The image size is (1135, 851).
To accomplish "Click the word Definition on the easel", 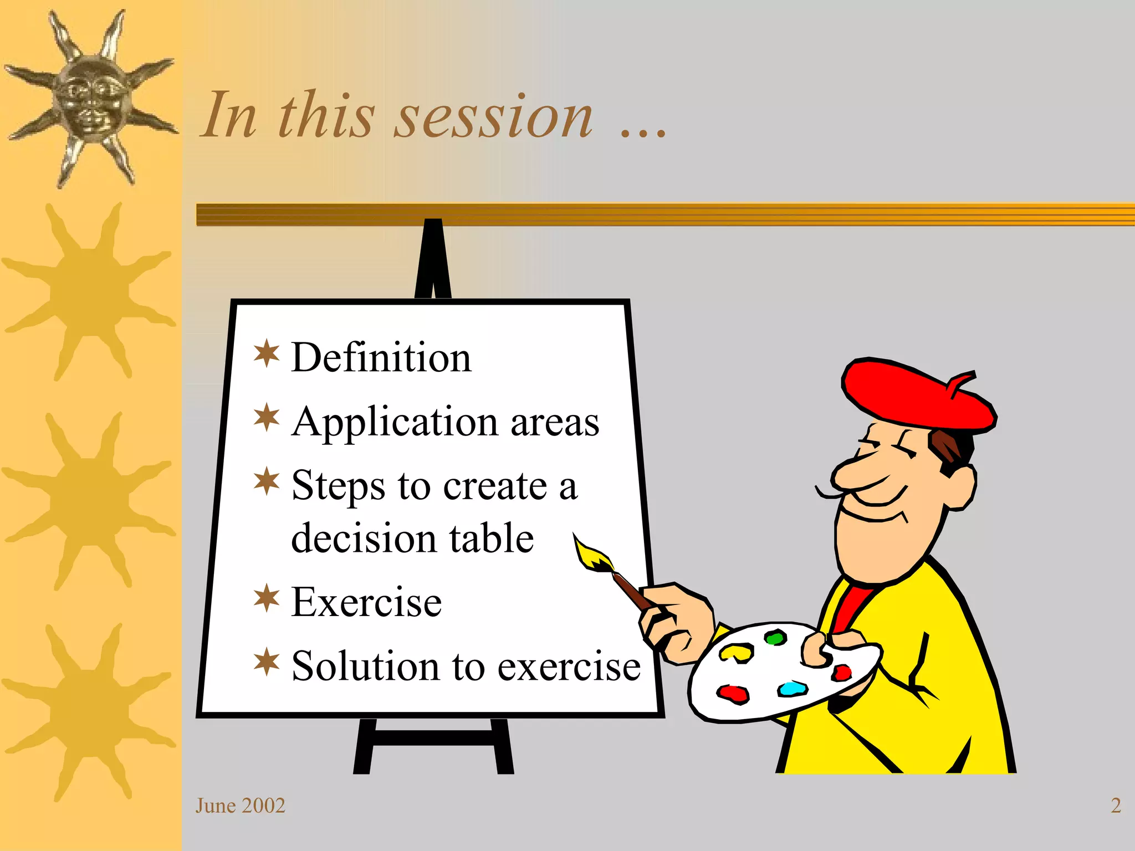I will [x=381, y=357].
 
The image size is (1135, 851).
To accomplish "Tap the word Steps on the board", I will [x=338, y=486].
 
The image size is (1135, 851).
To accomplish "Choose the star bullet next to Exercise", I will [x=267, y=598].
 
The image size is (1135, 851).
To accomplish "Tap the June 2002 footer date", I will [x=240, y=806].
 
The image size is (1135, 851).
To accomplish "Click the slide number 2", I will [x=1116, y=806].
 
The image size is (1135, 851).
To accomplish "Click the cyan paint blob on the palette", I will [x=793, y=689].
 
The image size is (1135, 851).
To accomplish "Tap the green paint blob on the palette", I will [x=776, y=638].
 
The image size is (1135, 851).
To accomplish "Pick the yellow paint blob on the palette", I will [x=736, y=652].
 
